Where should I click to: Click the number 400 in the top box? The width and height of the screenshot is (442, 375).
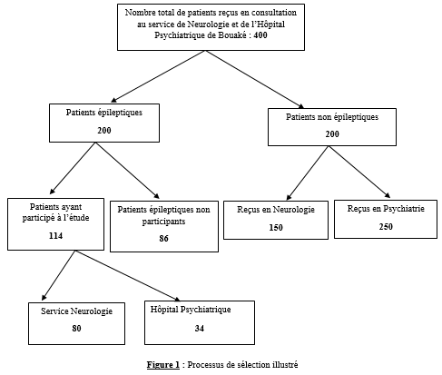260,35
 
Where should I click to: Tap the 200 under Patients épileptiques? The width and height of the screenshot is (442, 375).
104,130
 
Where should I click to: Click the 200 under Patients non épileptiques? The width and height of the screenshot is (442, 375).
332,133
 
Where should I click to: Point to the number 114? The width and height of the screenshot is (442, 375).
55,235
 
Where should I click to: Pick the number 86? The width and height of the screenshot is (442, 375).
163,239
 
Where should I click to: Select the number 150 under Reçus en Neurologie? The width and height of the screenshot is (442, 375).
276,227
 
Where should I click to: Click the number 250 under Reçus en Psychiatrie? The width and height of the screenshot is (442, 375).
386,226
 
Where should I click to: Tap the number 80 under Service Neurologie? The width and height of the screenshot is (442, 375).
76,328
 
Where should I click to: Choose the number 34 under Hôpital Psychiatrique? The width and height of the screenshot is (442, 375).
200,328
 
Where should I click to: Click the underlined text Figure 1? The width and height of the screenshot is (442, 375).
163,365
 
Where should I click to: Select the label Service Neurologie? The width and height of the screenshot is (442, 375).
76,311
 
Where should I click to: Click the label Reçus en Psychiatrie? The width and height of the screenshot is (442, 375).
386,209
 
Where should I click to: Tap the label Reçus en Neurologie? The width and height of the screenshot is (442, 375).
276,210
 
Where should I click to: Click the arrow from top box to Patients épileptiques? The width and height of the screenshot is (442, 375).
158,76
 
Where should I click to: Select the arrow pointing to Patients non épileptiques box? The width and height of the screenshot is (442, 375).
255,79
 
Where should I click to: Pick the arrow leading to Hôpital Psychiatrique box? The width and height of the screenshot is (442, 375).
128,276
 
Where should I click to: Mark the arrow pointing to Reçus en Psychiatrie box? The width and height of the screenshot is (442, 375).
359,172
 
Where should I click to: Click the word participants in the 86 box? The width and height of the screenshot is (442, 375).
163,222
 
